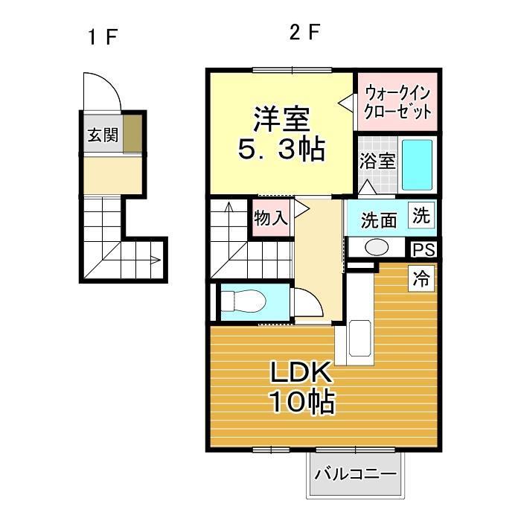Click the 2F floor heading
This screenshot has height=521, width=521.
(x=304, y=33)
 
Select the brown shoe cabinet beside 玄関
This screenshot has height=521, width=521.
(x=131, y=134)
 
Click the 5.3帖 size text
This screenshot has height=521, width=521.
(x=281, y=150)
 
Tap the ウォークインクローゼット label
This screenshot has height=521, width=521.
(x=397, y=103)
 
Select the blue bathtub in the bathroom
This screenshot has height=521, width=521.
(x=418, y=164)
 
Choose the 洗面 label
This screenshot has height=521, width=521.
(x=379, y=220)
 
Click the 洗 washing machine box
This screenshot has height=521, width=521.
(x=421, y=217)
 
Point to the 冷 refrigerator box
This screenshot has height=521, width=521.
(x=421, y=279)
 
